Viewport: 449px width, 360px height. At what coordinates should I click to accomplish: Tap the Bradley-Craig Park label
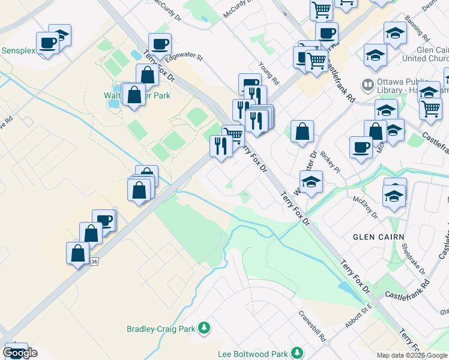point(161,329)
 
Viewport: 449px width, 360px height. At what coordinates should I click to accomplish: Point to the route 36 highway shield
point(94,262)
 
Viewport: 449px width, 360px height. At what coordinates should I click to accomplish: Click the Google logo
point(20,353)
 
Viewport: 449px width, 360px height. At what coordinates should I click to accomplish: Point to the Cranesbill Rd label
point(313,325)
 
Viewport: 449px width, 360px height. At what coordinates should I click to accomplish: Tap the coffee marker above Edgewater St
point(160,44)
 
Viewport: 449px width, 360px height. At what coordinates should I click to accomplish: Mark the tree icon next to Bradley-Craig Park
point(204,328)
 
